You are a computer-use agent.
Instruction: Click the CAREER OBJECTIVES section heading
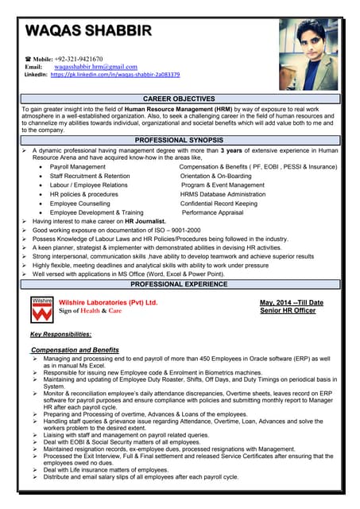(180, 98)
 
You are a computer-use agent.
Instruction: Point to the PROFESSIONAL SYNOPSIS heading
(180, 139)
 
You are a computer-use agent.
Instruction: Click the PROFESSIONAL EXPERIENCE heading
(180, 283)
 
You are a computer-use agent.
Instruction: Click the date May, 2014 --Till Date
(291, 303)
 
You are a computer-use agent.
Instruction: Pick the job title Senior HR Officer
(288, 311)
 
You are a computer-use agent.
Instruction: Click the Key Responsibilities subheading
(60, 334)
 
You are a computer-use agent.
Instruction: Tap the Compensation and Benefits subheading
(75, 350)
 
